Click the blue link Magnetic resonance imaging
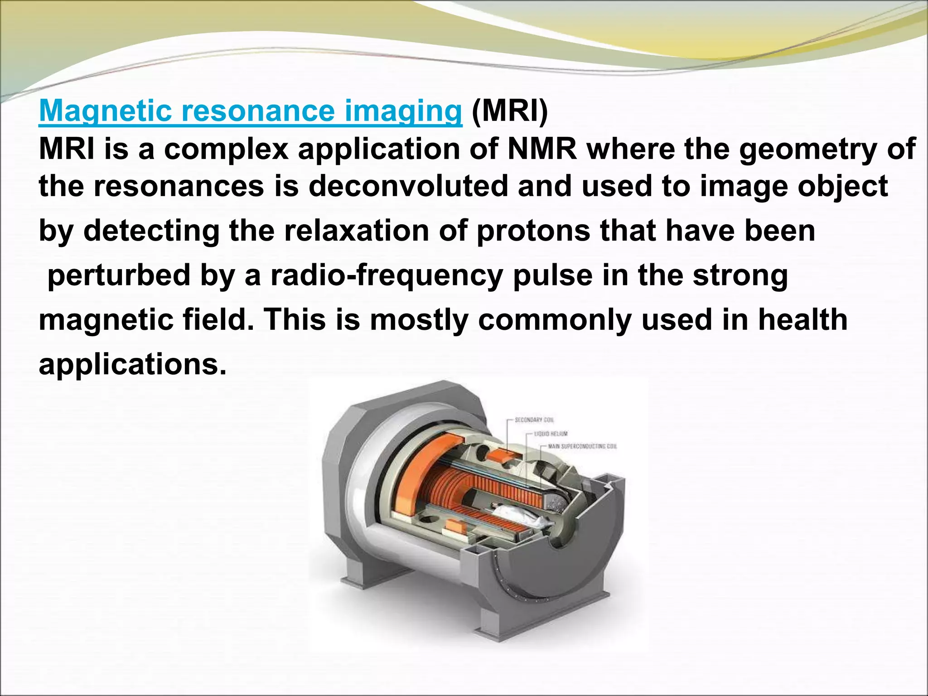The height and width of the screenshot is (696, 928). point(250,111)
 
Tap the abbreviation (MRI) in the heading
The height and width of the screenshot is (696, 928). point(510,111)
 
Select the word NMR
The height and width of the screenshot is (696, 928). point(542,150)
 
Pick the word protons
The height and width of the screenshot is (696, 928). point(533,231)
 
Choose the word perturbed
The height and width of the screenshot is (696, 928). point(119,275)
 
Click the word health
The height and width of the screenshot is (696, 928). point(802,319)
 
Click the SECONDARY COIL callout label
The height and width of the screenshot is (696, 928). point(534,420)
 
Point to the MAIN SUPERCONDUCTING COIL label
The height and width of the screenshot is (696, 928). point(582,446)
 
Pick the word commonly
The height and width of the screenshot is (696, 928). point(555,319)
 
